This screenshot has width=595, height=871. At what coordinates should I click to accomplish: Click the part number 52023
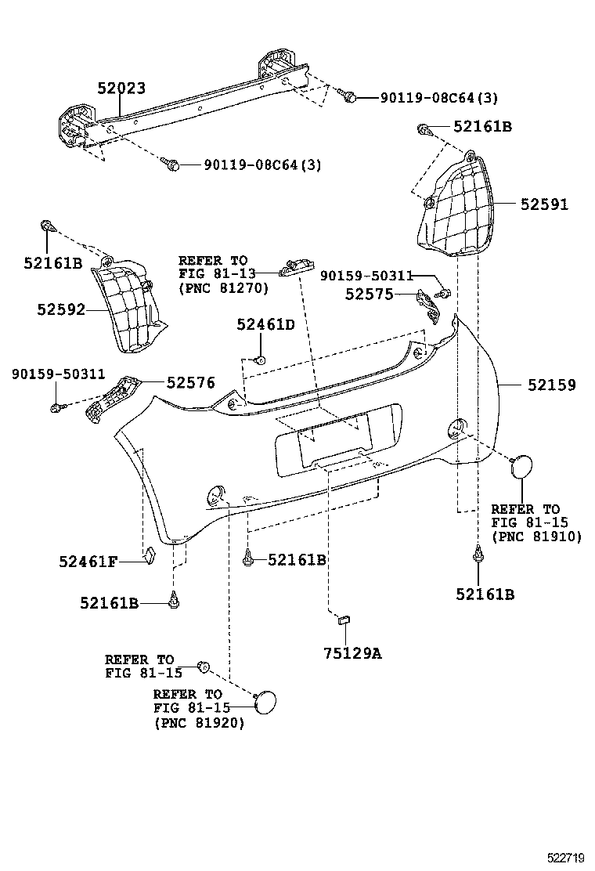pos(121,89)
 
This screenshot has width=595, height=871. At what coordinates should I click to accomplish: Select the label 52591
pos(544,204)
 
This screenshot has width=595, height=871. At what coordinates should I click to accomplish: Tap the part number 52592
pos(60,309)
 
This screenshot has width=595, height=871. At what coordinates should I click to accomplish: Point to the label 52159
pos(551,385)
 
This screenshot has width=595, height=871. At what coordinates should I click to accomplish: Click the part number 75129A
pos(352,653)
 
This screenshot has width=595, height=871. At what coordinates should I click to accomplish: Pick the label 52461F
pos(88,561)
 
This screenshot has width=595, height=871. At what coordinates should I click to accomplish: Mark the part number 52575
pos(369,294)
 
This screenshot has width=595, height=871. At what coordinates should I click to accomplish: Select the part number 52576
pos(190,382)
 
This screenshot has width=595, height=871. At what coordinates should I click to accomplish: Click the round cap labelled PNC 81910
pos(520,467)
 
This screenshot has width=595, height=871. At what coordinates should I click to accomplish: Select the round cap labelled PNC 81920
pos(266,699)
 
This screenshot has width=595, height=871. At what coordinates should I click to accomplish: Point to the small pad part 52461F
pos(150,555)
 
